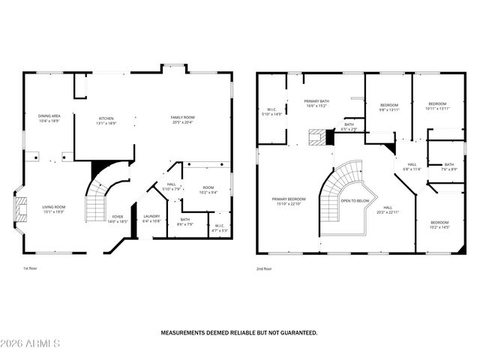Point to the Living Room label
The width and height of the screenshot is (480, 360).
click(x=53, y=208)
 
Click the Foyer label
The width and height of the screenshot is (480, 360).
click(x=118, y=219)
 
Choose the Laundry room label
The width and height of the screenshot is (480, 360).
click(x=151, y=218)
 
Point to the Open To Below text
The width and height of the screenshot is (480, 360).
click(x=355, y=201)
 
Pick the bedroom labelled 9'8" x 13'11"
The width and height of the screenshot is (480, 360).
click(x=389, y=106)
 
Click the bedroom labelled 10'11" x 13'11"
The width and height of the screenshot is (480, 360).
click(x=436, y=106)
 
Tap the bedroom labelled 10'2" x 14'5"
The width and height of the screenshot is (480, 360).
click(x=439, y=224)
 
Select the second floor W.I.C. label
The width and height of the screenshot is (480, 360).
click(x=271, y=111)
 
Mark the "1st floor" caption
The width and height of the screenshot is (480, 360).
click(x=31, y=268)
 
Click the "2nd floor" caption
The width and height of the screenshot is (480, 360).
click(x=265, y=268)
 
